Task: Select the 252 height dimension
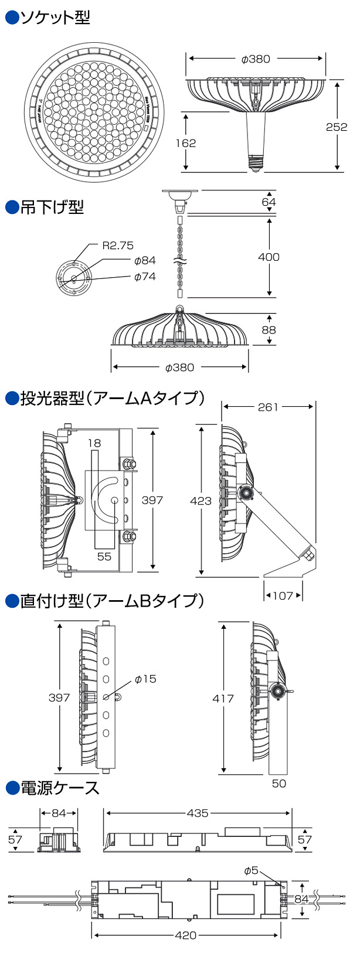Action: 337,127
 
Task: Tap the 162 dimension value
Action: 186,142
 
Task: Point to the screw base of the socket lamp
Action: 255,164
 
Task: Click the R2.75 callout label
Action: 118,246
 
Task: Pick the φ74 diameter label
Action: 145,276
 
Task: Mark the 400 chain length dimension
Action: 269,257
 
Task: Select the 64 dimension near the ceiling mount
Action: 269,202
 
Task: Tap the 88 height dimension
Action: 269,329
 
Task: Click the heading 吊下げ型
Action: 52,207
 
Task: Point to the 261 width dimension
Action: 268,407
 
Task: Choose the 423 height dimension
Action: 201,500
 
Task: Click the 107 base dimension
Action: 283,595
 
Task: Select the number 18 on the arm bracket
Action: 94,443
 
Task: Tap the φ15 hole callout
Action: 145,679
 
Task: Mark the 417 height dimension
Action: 223,698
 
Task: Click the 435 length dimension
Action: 198,813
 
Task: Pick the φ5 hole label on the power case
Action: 250,870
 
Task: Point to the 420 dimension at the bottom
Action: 186,935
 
